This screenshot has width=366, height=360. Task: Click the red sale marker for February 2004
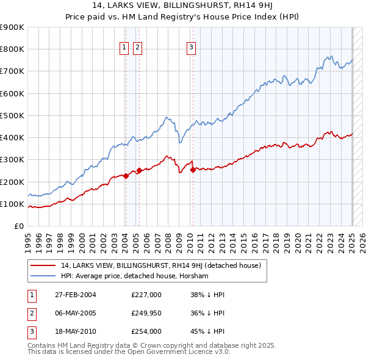pyautogui.click(x=126, y=176)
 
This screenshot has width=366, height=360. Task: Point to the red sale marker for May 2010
pyautogui.click(x=193, y=170)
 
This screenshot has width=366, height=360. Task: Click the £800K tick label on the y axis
pyautogui.click(x=12, y=49)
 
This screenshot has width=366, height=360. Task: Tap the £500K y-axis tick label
pyautogui.click(x=12, y=115)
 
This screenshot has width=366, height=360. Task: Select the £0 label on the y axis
pyautogui.click(x=19, y=226)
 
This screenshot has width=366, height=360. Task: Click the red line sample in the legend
pyautogui.click(x=43, y=265)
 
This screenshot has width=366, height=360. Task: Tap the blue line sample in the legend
pyautogui.click(x=43, y=276)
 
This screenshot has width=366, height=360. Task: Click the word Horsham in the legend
pyautogui.click(x=195, y=276)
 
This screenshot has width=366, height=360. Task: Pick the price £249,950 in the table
pyautogui.click(x=146, y=313)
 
